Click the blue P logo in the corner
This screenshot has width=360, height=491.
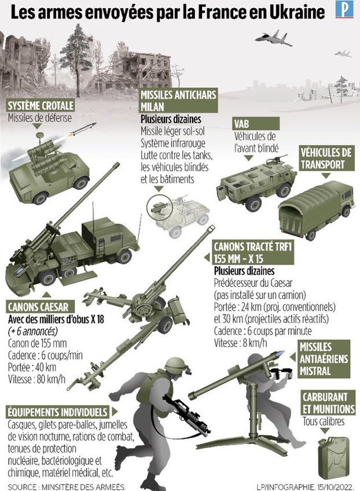(344, 9)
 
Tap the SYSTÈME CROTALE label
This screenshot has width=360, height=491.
(41, 105)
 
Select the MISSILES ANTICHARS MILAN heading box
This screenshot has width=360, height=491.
(179, 101)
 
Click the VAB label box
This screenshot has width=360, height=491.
(256, 124)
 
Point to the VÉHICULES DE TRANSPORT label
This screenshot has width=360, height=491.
(326, 158)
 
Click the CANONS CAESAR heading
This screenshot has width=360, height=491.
(41, 307)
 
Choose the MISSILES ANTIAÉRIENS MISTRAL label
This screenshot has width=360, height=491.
(324, 359)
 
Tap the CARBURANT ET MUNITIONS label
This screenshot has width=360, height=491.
(328, 403)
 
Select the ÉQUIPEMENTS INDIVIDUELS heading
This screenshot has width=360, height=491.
(58, 412)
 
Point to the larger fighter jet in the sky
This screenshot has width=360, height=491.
(273, 38)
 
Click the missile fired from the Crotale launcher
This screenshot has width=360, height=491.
(82, 130)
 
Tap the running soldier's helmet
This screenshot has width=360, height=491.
(178, 366)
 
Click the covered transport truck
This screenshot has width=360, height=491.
(317, 209)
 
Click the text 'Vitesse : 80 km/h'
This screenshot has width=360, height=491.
(36, 379)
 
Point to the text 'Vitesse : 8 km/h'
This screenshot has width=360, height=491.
(241, 343)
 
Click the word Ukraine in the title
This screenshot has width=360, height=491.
(297, 13)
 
